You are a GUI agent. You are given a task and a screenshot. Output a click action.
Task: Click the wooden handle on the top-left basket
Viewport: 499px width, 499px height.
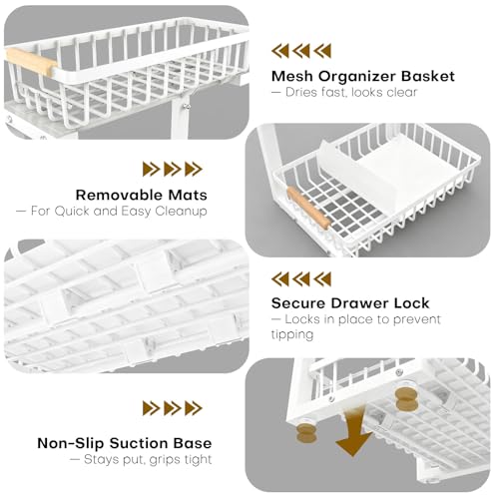tap(31, 61)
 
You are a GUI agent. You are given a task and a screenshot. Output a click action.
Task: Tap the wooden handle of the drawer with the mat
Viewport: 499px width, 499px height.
tap(308, 208)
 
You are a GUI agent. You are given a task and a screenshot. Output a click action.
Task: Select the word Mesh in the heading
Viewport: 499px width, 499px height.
tap(292, 76)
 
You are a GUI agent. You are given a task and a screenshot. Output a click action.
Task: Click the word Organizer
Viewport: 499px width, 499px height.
tap(357, 77)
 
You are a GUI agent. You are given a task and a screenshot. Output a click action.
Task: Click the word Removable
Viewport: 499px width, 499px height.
tap(120, 195)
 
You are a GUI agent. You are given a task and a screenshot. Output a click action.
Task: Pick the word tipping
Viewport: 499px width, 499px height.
tap(292, 334)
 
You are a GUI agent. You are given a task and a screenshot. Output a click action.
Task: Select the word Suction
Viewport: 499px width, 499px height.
tap(139, 443)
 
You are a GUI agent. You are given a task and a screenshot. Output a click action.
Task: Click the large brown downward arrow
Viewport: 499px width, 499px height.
tap(353, 432)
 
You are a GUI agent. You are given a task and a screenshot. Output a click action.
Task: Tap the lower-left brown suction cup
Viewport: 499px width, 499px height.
tap(306, 433)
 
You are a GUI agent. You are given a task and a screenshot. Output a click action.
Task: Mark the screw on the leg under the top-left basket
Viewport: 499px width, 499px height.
tap(187, 107)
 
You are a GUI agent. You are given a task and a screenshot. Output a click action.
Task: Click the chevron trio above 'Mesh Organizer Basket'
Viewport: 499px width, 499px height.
tap(301, 51)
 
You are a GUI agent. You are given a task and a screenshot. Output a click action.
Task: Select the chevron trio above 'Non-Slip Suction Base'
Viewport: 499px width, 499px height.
tap(173, 408)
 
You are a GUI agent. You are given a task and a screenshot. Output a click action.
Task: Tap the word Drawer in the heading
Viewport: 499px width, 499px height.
tap(360, 303)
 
